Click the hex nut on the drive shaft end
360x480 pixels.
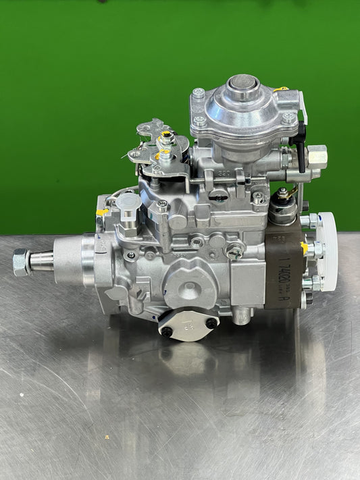(21, 261)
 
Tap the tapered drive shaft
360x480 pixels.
(42, 261)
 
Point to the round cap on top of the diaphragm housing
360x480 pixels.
(243, 85)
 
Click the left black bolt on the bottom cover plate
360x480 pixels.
(166, 331)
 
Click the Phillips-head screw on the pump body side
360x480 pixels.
(234, 252)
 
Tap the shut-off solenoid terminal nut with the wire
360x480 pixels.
(282, 194)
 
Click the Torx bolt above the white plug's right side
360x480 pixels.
(162, 206)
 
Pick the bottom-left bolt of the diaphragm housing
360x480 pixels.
(200, 122)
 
